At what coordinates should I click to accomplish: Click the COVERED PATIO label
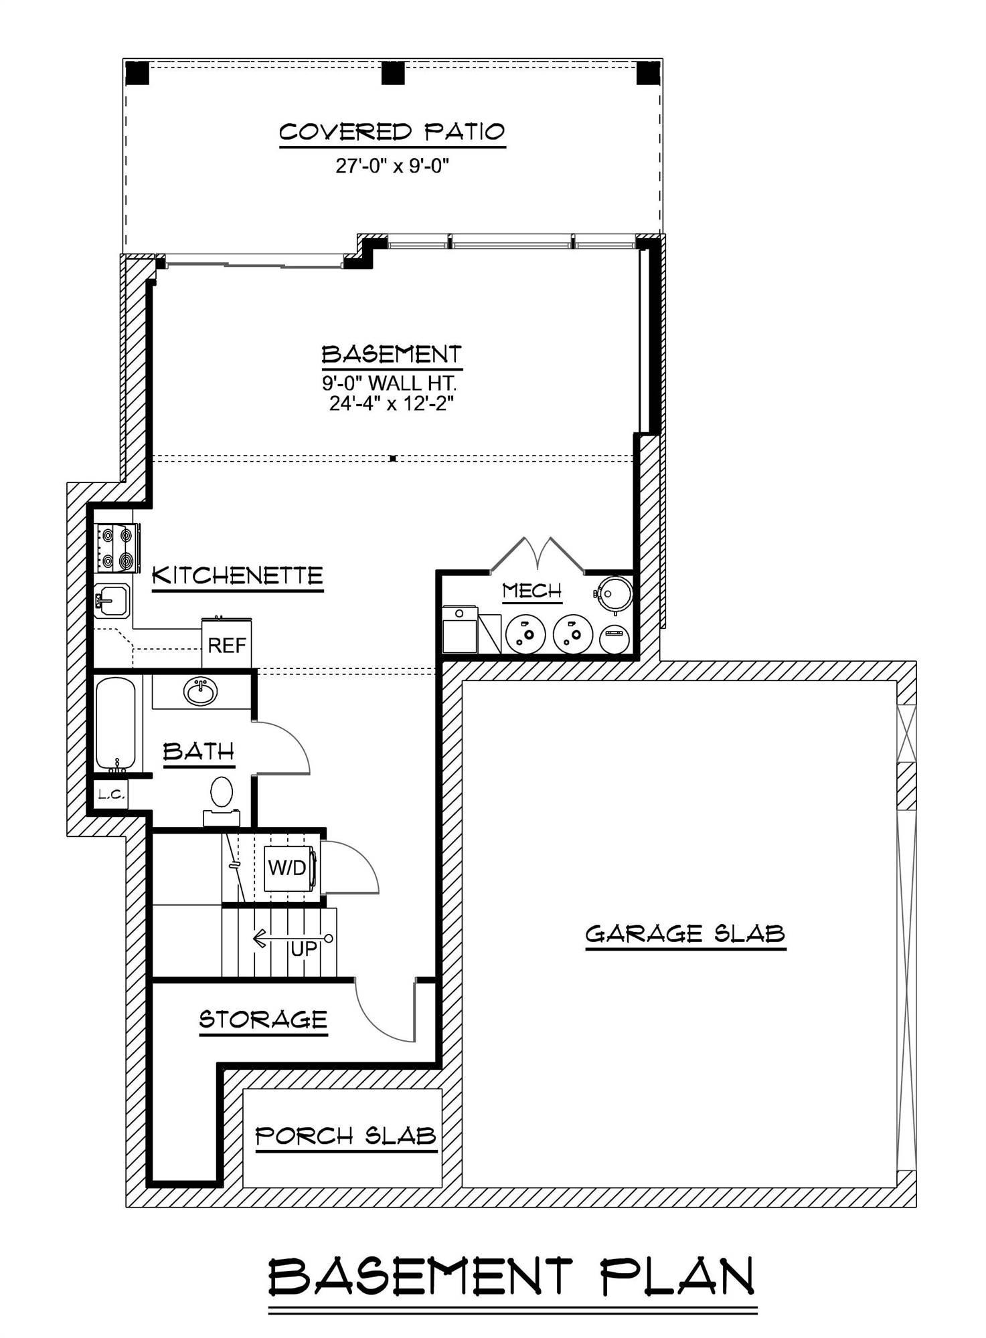[392, 131]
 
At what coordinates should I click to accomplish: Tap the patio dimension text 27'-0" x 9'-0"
[392, 165]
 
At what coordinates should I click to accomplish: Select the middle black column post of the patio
[393, 73]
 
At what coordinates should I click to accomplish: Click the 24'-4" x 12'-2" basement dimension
[392, 404]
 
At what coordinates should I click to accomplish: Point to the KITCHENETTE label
[238, 575]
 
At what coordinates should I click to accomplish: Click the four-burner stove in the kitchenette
[117, 548]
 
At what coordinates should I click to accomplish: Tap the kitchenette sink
[112, 600]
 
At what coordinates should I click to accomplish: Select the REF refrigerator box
[227, 645]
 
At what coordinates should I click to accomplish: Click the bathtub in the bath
[115, 724]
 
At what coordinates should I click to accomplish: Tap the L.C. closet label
[110, 794]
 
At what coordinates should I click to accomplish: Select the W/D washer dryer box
[288, 868]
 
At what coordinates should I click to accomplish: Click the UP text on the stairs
[303, 949]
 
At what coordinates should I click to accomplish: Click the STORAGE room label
[263, 1020]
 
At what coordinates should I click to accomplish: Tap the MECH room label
[532, 591]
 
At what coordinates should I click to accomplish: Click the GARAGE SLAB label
[685, 933]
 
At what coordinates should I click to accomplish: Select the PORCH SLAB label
[346, 1136]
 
